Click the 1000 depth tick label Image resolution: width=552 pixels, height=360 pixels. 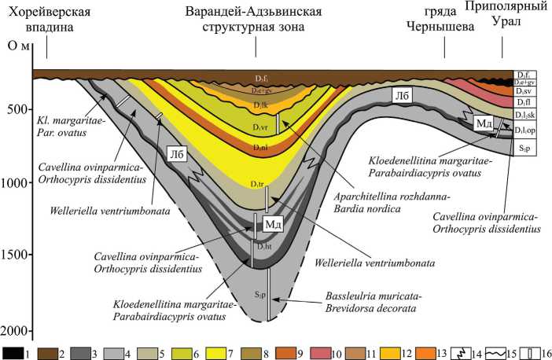[x=17, y=182]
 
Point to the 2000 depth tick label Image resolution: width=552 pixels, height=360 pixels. [x=17, y=331]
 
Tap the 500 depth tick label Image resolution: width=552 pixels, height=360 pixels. [x=18, y=109]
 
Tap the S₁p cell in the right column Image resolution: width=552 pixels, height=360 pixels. [x=524, y=147]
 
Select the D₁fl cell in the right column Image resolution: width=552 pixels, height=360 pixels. [x=524, y=103]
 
